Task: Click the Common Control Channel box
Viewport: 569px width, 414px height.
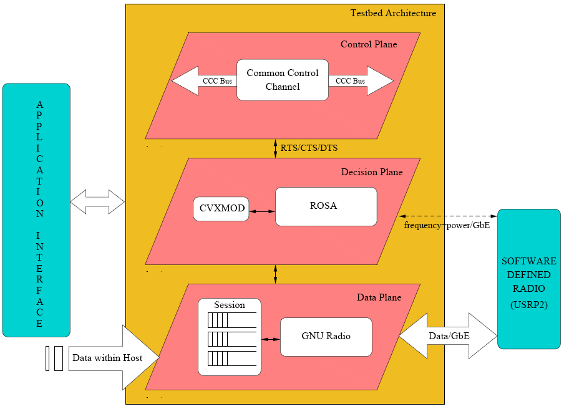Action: [282, 80]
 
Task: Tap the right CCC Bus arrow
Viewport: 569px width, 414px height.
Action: [362, 81]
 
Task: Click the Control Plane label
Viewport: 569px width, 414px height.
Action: [368, 44]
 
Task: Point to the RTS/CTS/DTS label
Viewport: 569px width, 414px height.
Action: [309, 148]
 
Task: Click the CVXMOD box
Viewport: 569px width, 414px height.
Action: [221, 209]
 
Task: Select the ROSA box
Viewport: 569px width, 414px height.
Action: [326, 206]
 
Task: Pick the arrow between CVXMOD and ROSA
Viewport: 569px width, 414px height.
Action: [262, 211]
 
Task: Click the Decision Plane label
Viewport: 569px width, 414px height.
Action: [371, 172]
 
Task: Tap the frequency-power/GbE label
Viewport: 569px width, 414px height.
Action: [447, 225]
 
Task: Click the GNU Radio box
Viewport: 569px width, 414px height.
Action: [326, 336]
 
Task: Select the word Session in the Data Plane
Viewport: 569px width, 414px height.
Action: [229, 305]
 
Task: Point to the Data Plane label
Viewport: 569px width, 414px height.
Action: [379, 297]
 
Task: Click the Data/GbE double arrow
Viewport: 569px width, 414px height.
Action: [448, 335]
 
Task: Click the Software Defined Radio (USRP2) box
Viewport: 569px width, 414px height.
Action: [528, 278]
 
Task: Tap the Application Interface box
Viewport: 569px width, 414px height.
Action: [36, 210]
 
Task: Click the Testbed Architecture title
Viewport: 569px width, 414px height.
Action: [392, 13]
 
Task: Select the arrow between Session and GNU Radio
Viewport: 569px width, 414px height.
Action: [270, 339]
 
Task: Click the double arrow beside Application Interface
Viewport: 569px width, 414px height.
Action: [98, 202]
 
